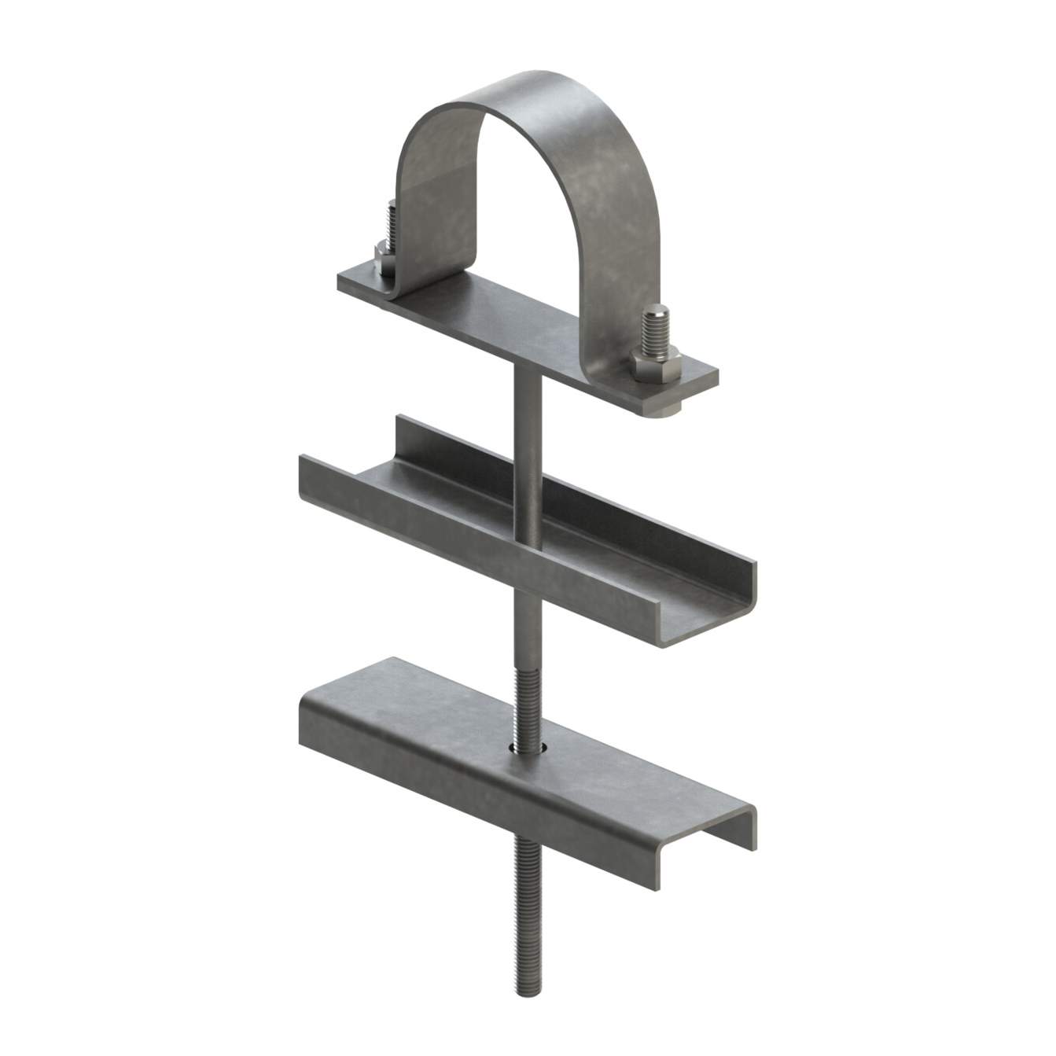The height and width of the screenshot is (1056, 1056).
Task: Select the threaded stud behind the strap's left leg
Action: pyautogui.click(x=391, y=224)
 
